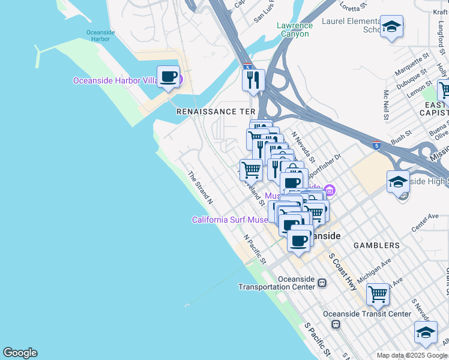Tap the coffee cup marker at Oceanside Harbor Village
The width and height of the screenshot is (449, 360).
tap(168, 77)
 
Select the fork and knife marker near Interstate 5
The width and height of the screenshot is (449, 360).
tap(253, 80)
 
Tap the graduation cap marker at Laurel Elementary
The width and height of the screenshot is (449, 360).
tap(391, 27)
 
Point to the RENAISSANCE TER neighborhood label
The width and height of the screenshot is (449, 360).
tap(215, 112)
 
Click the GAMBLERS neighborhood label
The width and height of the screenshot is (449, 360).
tap(376, 245)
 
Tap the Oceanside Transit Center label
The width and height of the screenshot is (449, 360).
tap(367, 314)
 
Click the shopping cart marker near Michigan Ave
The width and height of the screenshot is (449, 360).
tap(378, 294)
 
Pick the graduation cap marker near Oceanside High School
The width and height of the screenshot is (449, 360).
tap(398, 181)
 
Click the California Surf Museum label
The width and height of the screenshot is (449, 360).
tap(230, 220)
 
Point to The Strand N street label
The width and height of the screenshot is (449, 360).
tap(201, 186)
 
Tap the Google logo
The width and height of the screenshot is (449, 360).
tap(20, 353)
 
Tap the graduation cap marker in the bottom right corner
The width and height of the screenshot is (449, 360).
tap(426, 332)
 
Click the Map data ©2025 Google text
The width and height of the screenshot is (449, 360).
tap(411, 355)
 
